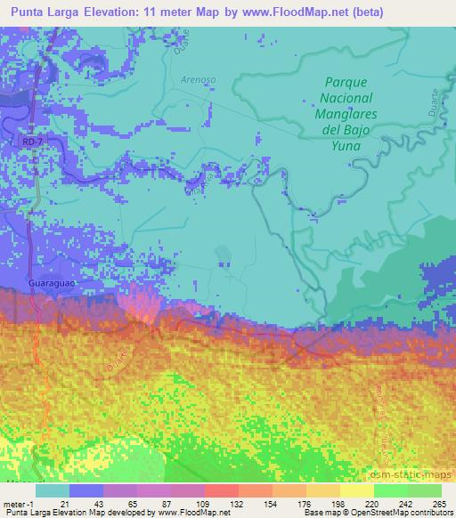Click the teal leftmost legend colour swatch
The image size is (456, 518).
[53, 490]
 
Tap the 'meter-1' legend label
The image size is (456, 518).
[18, 504]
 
